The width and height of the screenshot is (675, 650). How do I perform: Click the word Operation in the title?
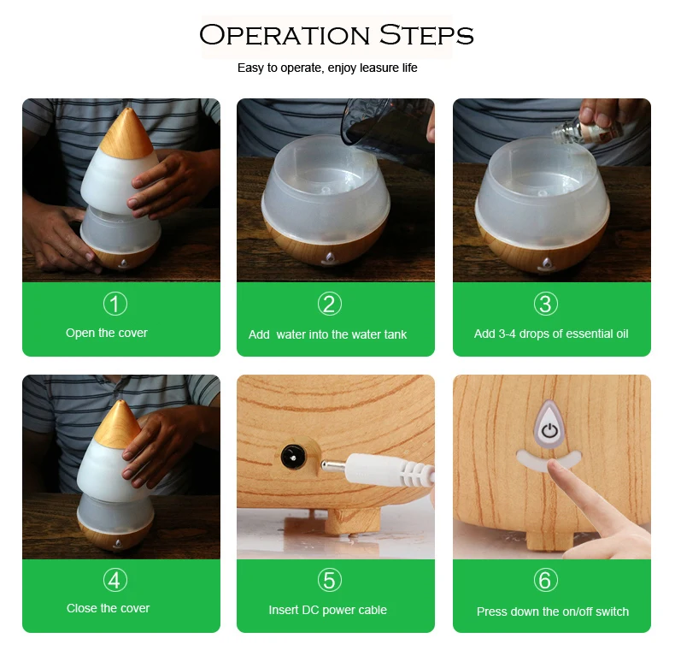click(285, 35)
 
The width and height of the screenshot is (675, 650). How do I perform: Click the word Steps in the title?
click(426, 35)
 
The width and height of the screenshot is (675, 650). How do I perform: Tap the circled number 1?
click(115, 304)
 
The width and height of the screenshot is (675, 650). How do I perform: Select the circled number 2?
click(329, 304)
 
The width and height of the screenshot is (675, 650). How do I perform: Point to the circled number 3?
click(545, 304)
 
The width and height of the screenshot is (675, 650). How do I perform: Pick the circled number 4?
click(115, 580)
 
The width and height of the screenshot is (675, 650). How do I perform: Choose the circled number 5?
click(329, 580)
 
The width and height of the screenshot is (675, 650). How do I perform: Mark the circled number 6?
click(545, 580)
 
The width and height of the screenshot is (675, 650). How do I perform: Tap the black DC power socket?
click(294, 456)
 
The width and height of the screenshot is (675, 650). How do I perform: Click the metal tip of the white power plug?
click(332, 465)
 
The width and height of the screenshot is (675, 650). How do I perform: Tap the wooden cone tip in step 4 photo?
click(119, 425)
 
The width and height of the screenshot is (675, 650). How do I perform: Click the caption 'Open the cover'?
click(106, 334)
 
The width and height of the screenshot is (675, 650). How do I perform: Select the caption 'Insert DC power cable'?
click(327, 610)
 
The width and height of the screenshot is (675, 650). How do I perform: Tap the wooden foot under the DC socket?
click(352, 521)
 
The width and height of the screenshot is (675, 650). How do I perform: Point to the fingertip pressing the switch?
click(555, 467)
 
